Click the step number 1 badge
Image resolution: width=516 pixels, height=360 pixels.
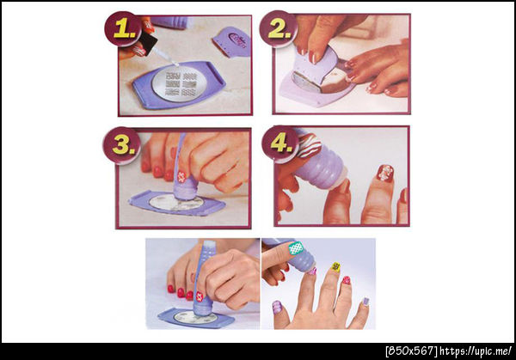(123, 29)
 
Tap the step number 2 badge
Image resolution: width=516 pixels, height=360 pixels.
(278, 29)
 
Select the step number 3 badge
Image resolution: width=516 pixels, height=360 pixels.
(121, 144)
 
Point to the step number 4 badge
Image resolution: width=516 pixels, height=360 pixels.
(280, 143)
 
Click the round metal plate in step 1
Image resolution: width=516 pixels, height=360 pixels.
(180, 83)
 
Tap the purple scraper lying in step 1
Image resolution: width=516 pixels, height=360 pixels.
(231, 41)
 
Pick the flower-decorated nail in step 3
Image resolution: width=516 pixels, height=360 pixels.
(181, 177)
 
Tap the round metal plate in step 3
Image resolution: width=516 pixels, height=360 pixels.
(176, 203)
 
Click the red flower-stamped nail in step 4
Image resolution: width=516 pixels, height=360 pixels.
(385, 174)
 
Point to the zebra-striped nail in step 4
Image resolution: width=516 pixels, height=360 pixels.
(310, 145)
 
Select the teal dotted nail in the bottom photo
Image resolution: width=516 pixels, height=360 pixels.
(296, 248)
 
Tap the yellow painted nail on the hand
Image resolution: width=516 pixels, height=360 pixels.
(335, 266)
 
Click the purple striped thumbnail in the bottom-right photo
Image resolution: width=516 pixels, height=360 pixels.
(277, 307)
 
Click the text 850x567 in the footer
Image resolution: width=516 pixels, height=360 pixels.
(411, 351)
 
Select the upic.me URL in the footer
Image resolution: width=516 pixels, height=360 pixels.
(476, 351)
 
